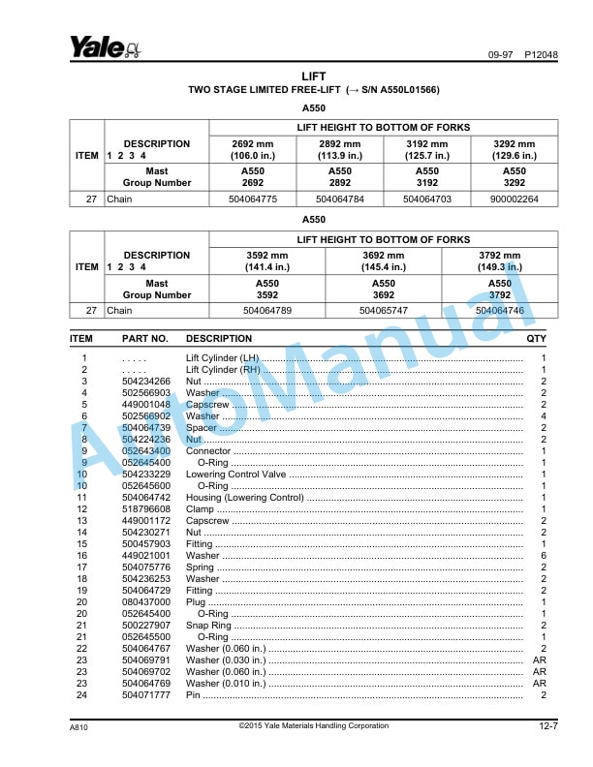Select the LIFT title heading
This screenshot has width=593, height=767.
click(x=314, y=76)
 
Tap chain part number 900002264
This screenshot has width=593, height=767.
click(x=514, y=199)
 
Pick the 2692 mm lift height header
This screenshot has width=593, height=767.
click(x=253, y=149)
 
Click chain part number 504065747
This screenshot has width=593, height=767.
click(x=385, y=311)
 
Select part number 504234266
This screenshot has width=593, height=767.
click(x=146, y=382)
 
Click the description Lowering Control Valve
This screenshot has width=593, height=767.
click(x=235, y=475)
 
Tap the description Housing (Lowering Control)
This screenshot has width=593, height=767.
click(x=244, y=498)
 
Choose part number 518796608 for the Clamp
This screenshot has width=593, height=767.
click(x=146, y=509)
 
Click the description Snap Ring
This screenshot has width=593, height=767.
click(x=208, y=626)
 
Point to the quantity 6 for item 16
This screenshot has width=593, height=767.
click(x=543, y=556)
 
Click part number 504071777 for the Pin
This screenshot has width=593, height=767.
click(x=146, y=695)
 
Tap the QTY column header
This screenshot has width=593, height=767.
click(x=536, y=339)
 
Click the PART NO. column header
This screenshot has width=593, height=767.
click(x=145, y=339)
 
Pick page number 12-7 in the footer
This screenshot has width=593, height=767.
click(x=547, y=726)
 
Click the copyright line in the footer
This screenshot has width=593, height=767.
click(x=314, y=726)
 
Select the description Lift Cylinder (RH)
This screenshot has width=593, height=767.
click(x=222, y=370)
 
